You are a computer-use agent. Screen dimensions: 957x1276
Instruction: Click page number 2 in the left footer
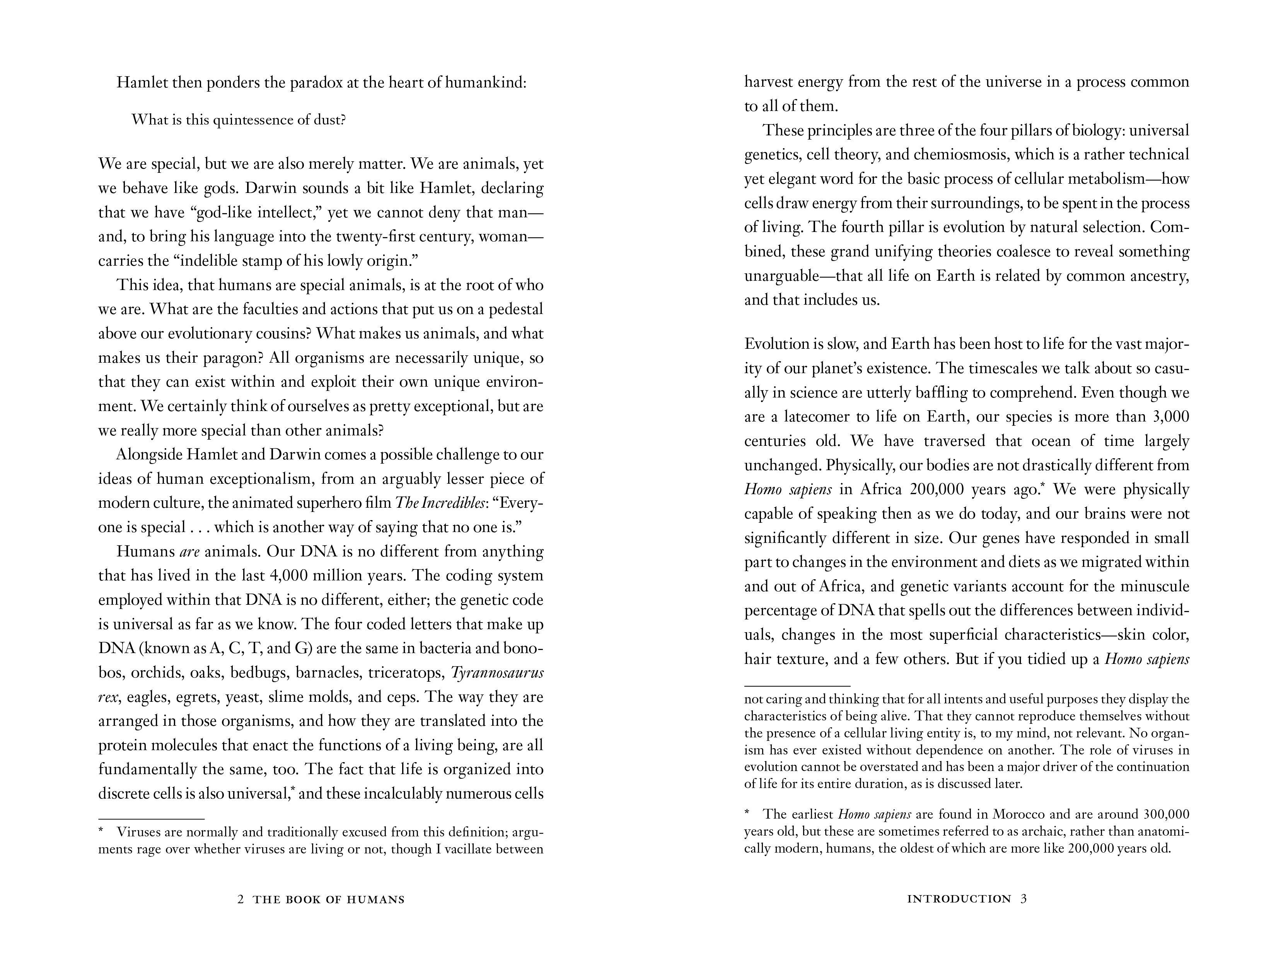coord(241,899)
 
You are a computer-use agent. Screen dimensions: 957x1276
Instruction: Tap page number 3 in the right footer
coord(1024,899)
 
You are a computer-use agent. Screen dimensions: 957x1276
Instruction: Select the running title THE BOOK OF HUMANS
coord(329,899)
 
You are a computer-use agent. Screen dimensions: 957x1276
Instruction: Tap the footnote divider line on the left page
coord(151,819)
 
